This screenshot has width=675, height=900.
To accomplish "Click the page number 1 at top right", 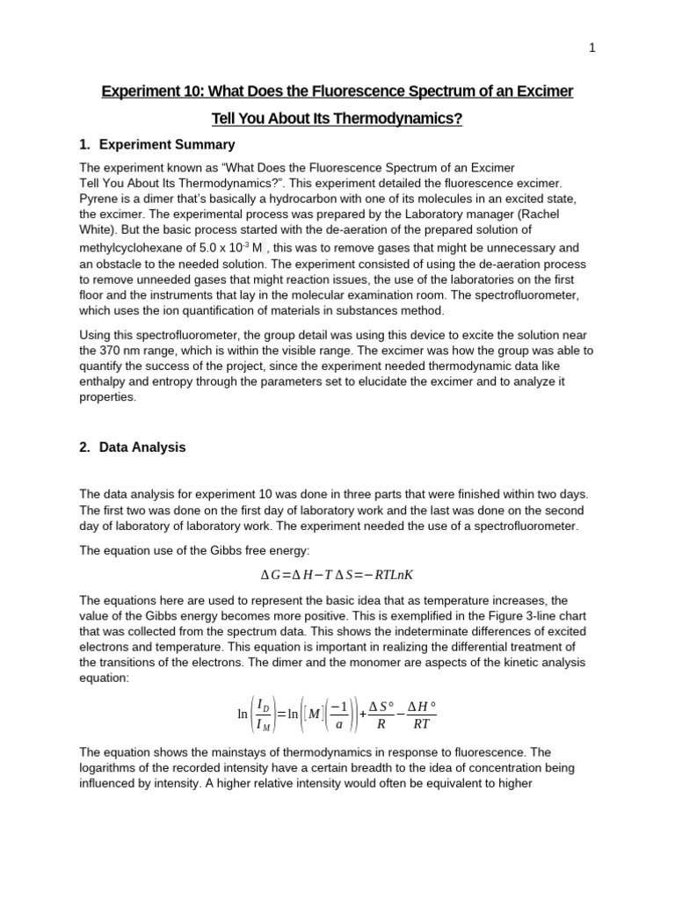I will point(592,48).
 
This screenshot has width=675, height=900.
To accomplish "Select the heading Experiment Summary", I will point(167,144).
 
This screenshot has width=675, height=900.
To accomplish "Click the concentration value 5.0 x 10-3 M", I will point(233,248).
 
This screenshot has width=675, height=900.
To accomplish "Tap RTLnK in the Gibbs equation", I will point(390,575).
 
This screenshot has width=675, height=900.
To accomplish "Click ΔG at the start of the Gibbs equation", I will point(270,575).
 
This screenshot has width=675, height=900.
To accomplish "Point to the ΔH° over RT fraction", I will point(422,715).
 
